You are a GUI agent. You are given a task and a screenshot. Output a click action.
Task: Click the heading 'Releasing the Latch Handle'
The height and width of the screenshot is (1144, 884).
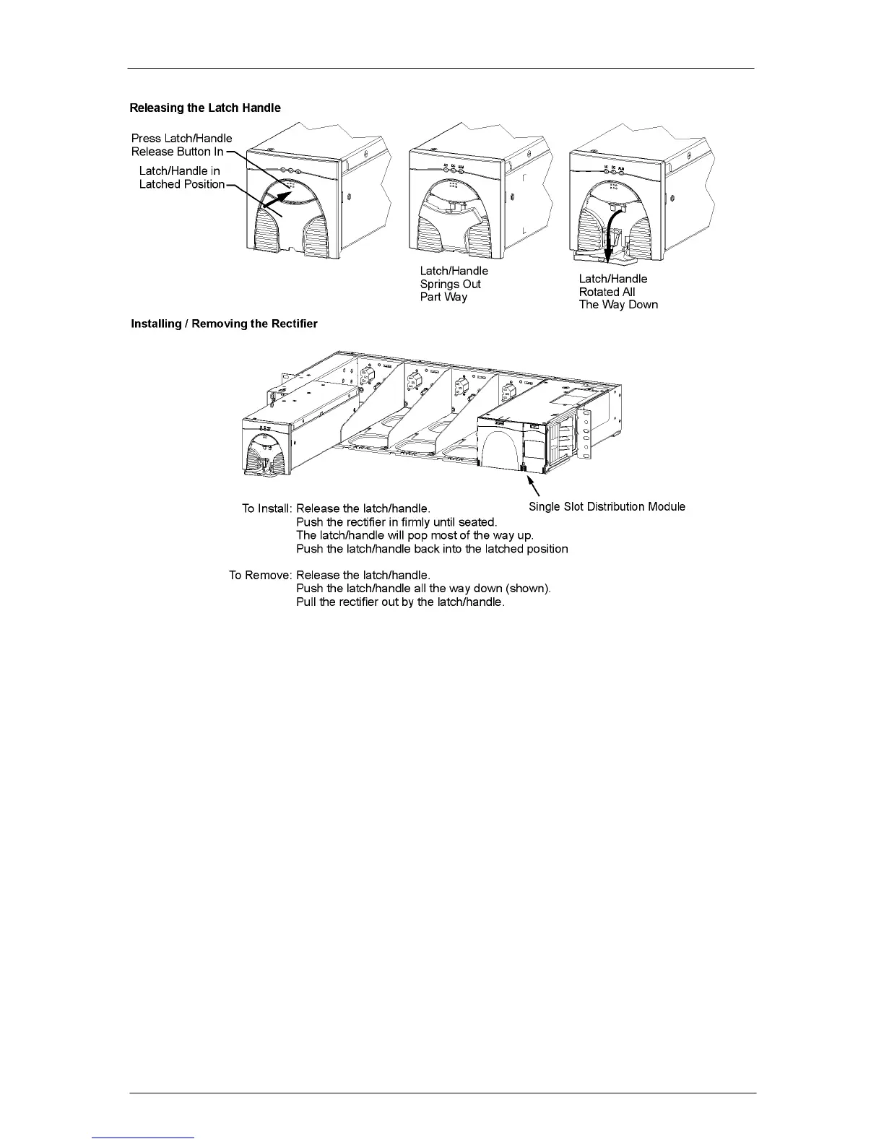click(x=205, y=108)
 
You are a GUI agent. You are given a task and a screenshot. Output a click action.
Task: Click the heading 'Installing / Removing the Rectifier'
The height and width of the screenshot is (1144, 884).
click(x=224, y=324)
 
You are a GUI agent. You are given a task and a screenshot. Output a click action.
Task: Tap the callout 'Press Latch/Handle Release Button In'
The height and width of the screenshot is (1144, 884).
click(x=181, y=144)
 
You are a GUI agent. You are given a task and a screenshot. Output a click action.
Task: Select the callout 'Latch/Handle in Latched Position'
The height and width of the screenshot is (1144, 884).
click(x=181, y=178)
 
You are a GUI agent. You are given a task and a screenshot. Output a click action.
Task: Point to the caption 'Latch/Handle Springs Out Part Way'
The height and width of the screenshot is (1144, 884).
click(x=454, y=284)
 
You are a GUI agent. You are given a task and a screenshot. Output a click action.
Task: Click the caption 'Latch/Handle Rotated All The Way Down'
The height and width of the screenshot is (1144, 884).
click(x=617, y=292)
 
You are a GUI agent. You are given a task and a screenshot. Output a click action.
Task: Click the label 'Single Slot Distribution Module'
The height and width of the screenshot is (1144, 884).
click(x=607, y=506)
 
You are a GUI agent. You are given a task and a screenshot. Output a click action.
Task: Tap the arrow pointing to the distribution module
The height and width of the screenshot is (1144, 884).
click(x=534, y=487)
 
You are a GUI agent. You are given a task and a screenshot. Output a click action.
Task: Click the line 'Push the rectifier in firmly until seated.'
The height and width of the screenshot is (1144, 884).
click(x=396, y=521)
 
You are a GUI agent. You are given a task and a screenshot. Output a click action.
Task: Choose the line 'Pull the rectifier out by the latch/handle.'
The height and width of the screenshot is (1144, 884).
click(x=400, y=602)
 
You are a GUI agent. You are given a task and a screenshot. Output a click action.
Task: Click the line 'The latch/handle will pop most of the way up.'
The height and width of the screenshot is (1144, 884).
click(x=415, y=535)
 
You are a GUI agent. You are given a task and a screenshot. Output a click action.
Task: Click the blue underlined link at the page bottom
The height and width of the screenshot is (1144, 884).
click(x=144, y=1137)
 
